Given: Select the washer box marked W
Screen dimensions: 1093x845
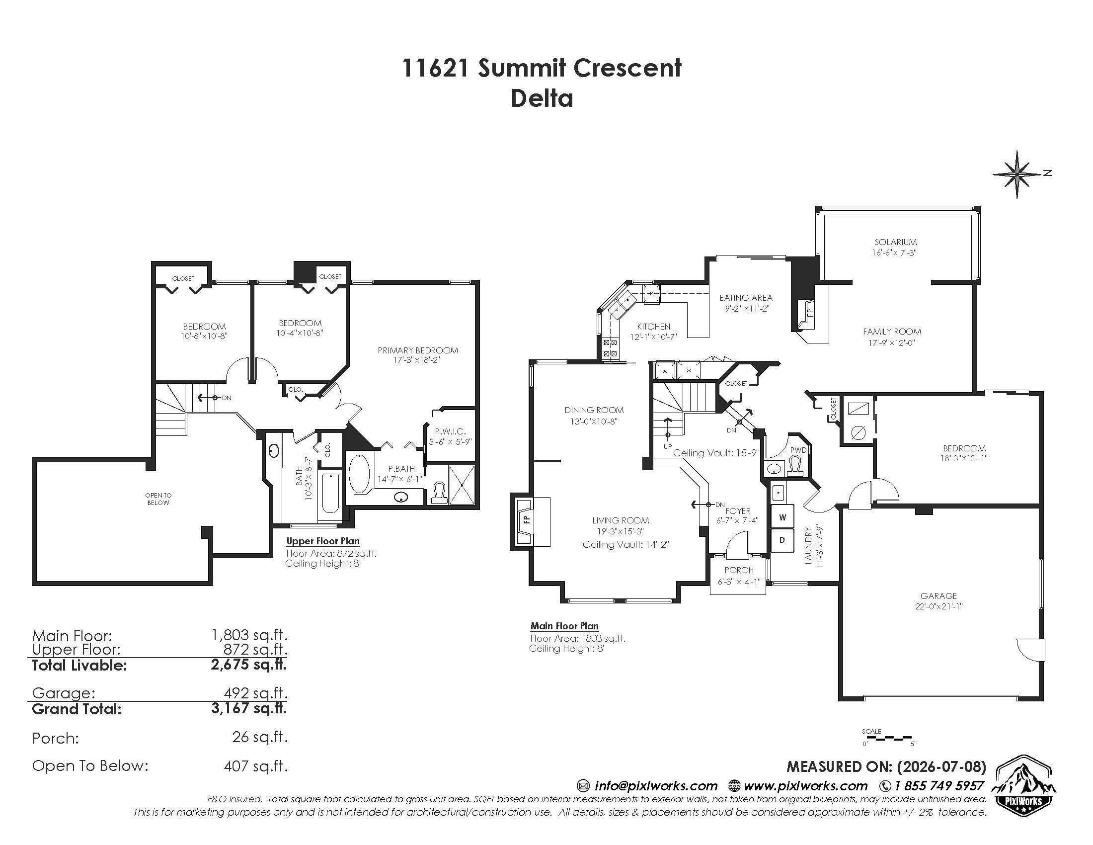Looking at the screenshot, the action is (x=782, y=517).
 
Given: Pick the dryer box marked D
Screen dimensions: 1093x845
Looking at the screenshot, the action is (x=782, y=540).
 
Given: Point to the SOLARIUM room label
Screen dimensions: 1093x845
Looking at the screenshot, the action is (x=895, y=242).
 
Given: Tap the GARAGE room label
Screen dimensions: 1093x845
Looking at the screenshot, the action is (x=938, y=595).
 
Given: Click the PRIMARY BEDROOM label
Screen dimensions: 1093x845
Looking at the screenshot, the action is (x=418, y=350).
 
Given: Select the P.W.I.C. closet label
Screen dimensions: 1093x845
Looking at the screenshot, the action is (x=451, y=431).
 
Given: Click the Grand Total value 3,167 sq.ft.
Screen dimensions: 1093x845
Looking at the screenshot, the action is (x=249, y=708).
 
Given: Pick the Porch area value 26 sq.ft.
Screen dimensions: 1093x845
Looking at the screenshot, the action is (x=260, y=737).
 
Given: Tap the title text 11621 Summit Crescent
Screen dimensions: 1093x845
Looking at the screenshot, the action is (x=542, y=68).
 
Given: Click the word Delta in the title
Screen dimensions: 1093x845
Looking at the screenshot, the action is (x=542, y=98).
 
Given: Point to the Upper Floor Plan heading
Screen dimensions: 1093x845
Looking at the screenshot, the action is (x=323, y=541).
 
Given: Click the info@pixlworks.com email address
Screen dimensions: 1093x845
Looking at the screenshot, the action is (x=656, y=786).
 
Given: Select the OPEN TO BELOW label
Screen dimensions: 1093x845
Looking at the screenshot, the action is (x=158, y=499).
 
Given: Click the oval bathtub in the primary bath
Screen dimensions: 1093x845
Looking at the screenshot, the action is (x=359, y=473).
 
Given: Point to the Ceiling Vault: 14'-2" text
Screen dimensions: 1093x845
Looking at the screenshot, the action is (x=625, y=545).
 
